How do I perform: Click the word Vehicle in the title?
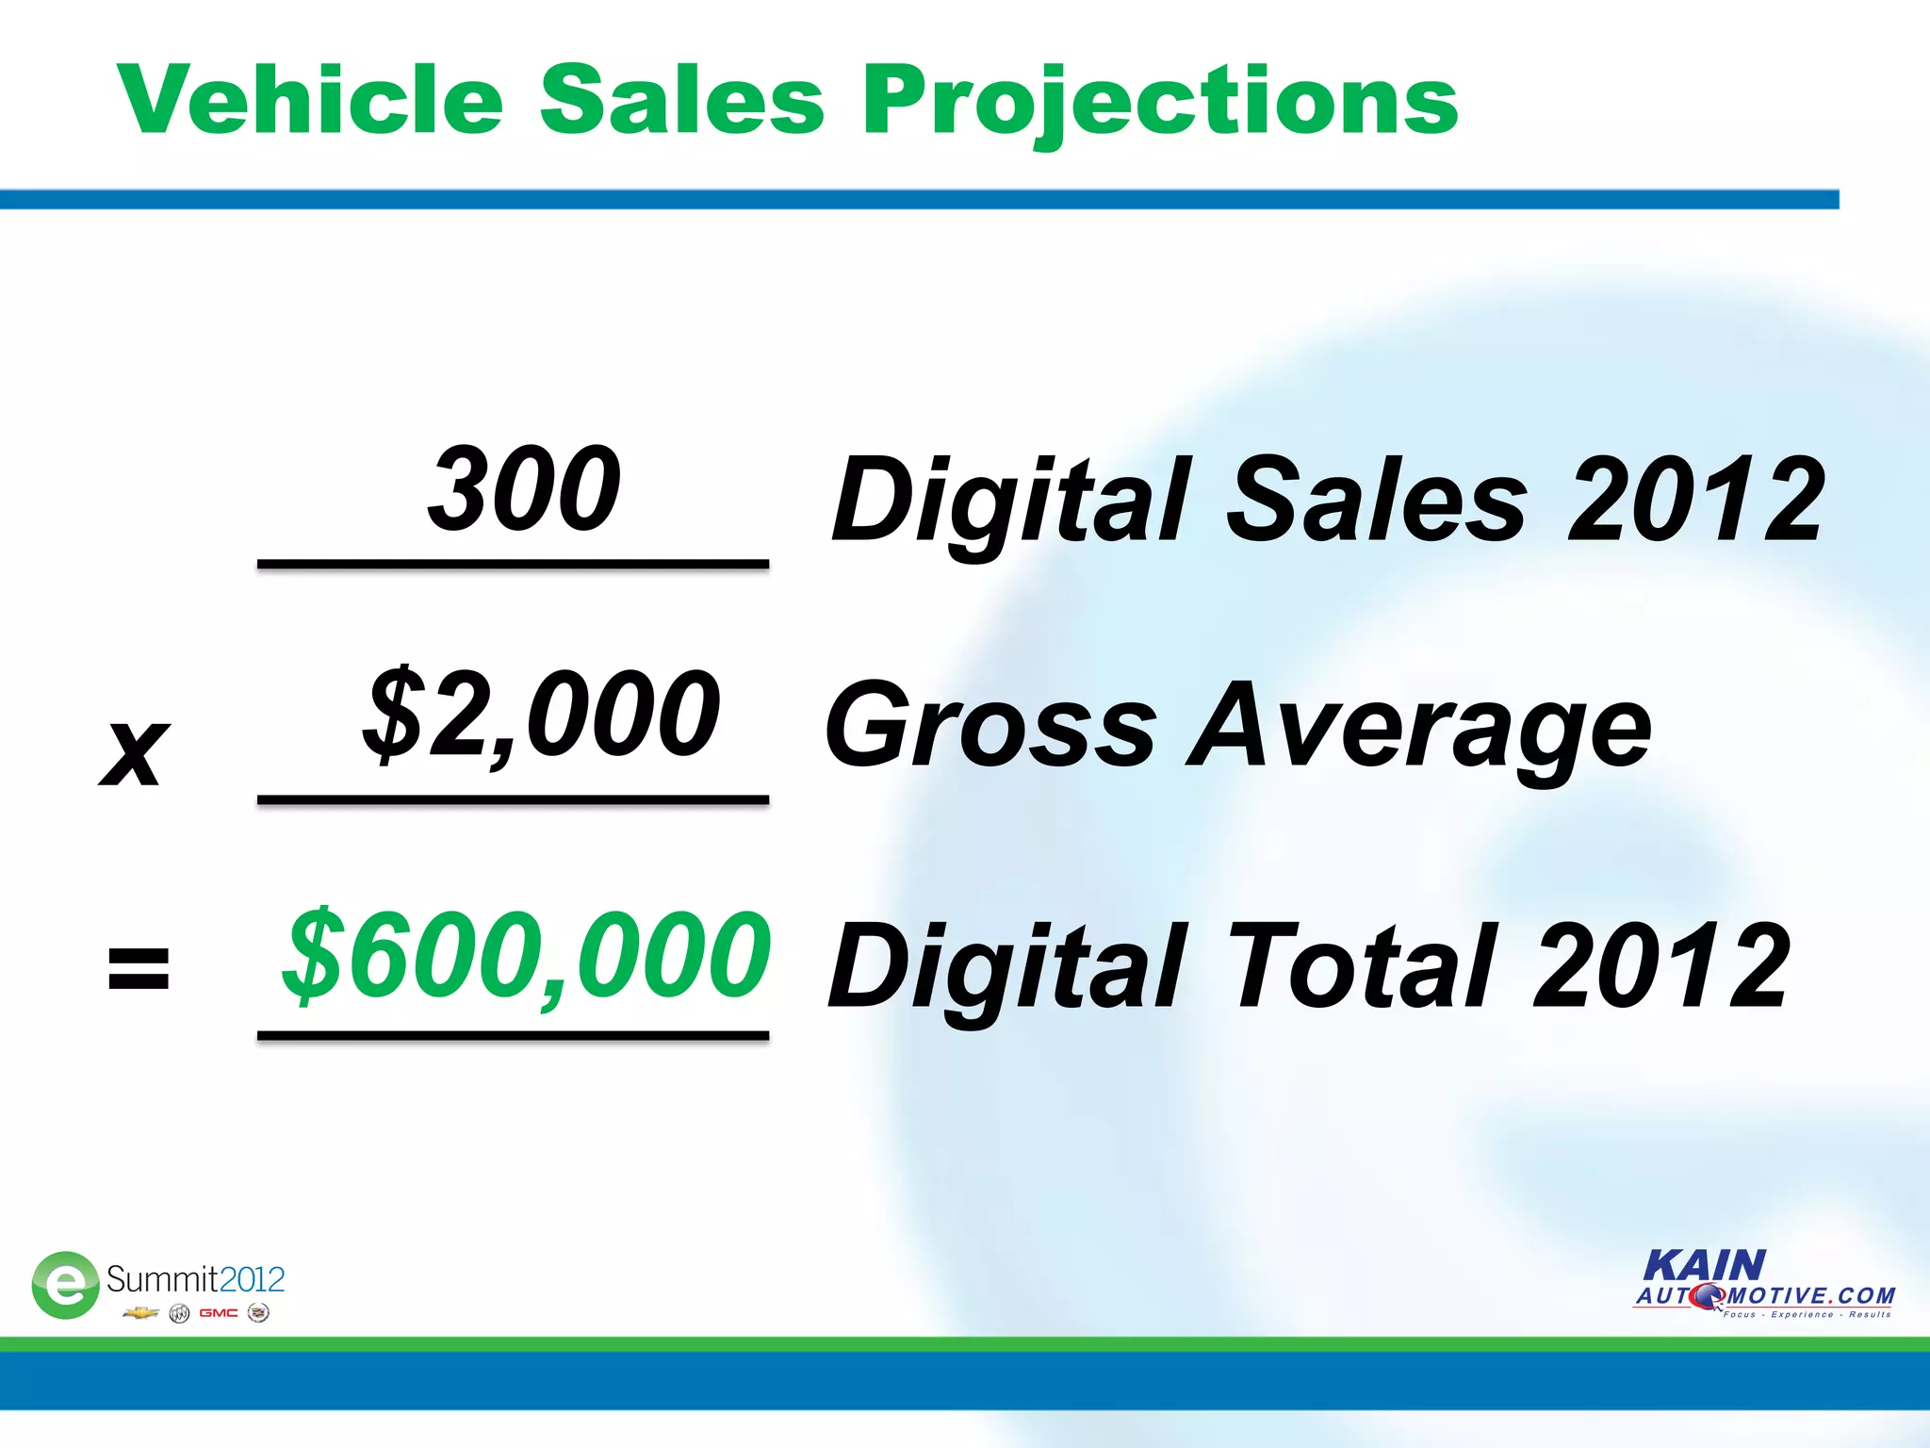[x=311, y=100]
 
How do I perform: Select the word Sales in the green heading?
[x=682, y=100]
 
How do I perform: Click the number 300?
[x=524, y=488]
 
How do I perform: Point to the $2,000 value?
[x=542, y=714]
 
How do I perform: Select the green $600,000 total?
[x=527, y=954]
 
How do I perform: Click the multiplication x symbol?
[x=135, y=751]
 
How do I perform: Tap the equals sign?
[x=139, y=969]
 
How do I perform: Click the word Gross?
[x=990, y=726]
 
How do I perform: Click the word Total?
[x=1363, y=965]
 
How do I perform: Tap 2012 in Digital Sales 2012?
[x=1696, y=499]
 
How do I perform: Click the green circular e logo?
[x=65, y=1284]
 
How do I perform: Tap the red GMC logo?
[x=219, y=1313]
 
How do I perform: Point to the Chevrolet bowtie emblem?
[x=140, y=1313]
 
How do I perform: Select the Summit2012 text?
[x=195, y=1279]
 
